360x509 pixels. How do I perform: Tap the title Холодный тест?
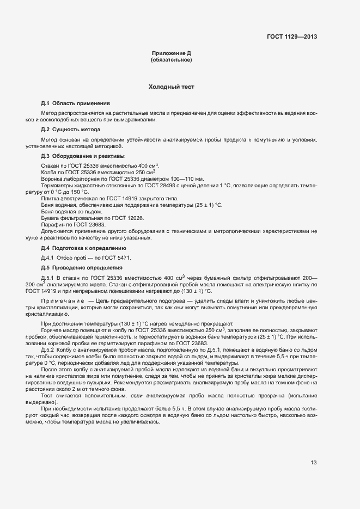click(x=171, y=87)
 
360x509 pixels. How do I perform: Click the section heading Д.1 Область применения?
click(x=75, y=103)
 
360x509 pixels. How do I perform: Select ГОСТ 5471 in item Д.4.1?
click(x=118, y=257)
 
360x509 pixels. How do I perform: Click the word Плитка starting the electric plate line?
click(x=50, y=198)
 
